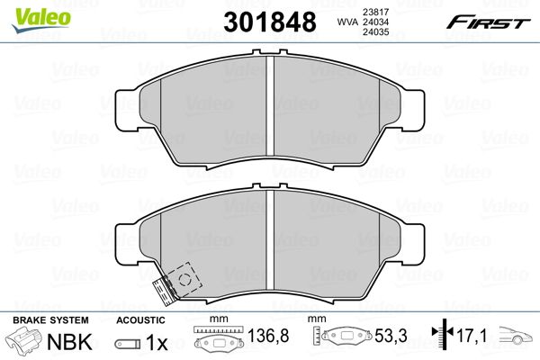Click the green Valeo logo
41,19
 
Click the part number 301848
270,22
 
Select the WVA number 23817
375,12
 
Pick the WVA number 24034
375,22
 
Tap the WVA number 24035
375,32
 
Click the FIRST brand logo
489,22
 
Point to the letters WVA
347,22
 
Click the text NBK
69,341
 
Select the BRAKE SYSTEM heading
50,320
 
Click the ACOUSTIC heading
140,320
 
